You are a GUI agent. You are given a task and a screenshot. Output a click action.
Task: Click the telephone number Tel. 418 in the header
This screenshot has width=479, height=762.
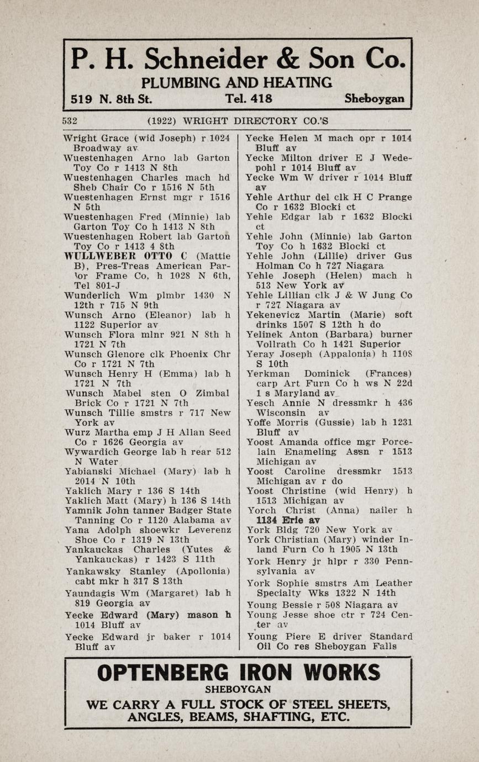(x=249, y=99)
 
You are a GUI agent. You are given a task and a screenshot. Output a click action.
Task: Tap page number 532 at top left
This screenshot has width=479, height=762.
(x=70, y=120)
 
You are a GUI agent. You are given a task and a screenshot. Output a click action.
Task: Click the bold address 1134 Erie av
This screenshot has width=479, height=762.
(x=288, y=520)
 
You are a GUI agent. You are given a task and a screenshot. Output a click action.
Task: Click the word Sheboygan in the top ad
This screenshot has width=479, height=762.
(x=374, y=99)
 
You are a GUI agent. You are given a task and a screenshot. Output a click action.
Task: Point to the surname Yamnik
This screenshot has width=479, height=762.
(x=84, y=510)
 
